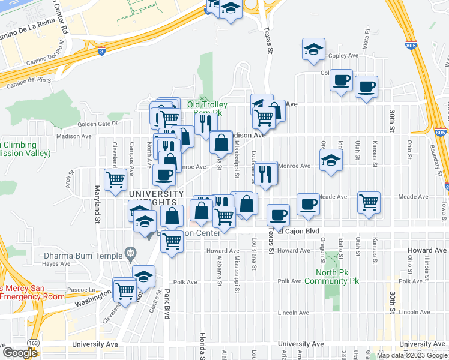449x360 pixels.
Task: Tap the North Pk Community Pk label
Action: click(331, 276)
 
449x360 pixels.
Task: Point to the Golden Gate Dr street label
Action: click(99, 124)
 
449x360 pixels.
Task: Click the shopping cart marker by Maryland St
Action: click(115, 178)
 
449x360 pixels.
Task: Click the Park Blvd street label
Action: click(167, 307)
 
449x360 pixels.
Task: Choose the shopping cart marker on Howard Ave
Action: click(172, 241)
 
